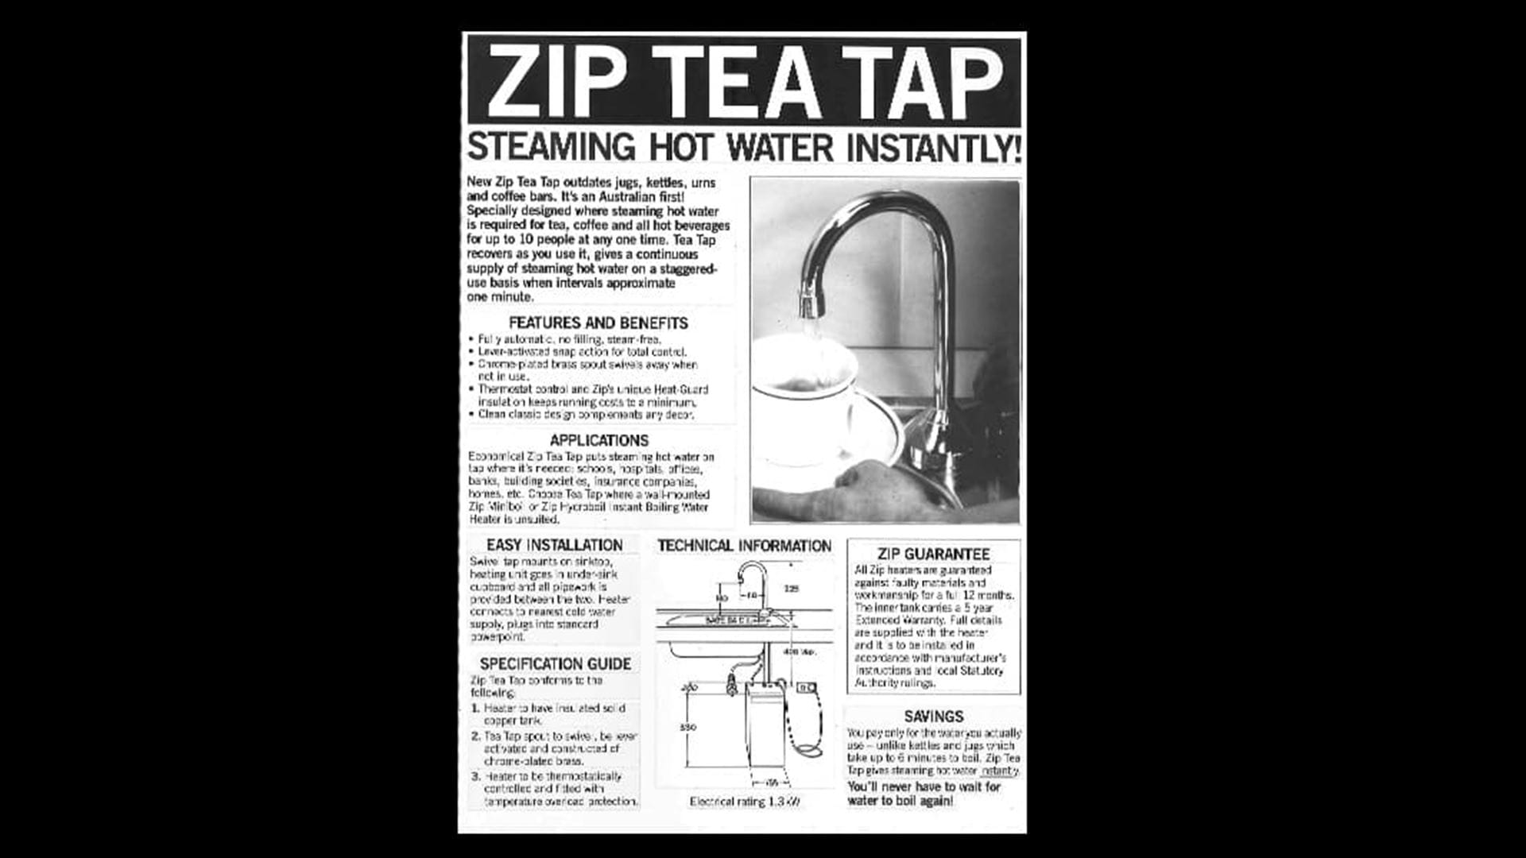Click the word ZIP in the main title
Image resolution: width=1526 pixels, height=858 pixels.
click(x=556, y=81)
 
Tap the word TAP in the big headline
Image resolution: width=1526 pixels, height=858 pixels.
click(x=922, y=81)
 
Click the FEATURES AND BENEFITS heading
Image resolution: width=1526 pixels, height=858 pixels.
click(x=598, y=323)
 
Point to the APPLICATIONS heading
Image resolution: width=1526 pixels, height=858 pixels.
click(x=598, y=440)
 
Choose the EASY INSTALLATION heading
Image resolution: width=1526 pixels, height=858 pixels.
click(x=554, y=545)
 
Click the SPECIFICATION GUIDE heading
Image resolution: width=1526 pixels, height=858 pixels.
click(x=555, y=663)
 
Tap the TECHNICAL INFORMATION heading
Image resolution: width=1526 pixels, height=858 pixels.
click(x=744, y=546)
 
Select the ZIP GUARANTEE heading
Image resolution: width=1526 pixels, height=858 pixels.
click(x=933, y=554)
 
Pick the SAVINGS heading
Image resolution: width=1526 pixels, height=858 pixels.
click(x=933, y=716)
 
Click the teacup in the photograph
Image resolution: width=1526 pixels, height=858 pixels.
click(x=803, y=397)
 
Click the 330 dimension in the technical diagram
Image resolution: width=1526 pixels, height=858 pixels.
click(x=688, y=727)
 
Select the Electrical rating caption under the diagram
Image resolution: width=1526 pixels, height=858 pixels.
click(x=744, y=802)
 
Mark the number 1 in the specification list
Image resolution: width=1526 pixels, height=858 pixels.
click(x=475, y=708)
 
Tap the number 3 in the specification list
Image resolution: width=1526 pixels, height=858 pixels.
click(x=475, y=776)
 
